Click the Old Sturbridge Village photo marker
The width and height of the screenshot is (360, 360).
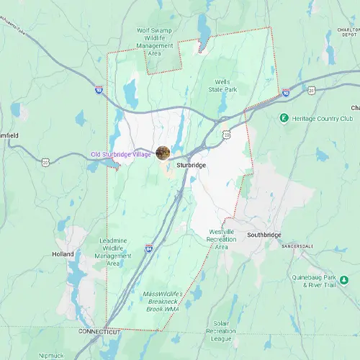pos(163,153)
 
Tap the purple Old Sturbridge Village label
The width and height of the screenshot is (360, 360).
pos(121,155)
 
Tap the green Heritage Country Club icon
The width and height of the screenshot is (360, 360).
pos(284,117)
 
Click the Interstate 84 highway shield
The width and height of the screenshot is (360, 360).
pos(148,248)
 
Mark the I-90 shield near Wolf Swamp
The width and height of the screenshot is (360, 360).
pos(98,90)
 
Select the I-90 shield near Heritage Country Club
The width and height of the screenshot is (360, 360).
pos(286,93)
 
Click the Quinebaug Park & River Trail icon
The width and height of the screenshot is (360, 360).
pos(345,279)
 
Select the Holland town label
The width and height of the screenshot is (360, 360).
pos(63,253)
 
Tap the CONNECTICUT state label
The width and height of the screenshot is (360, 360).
pos(99,331)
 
